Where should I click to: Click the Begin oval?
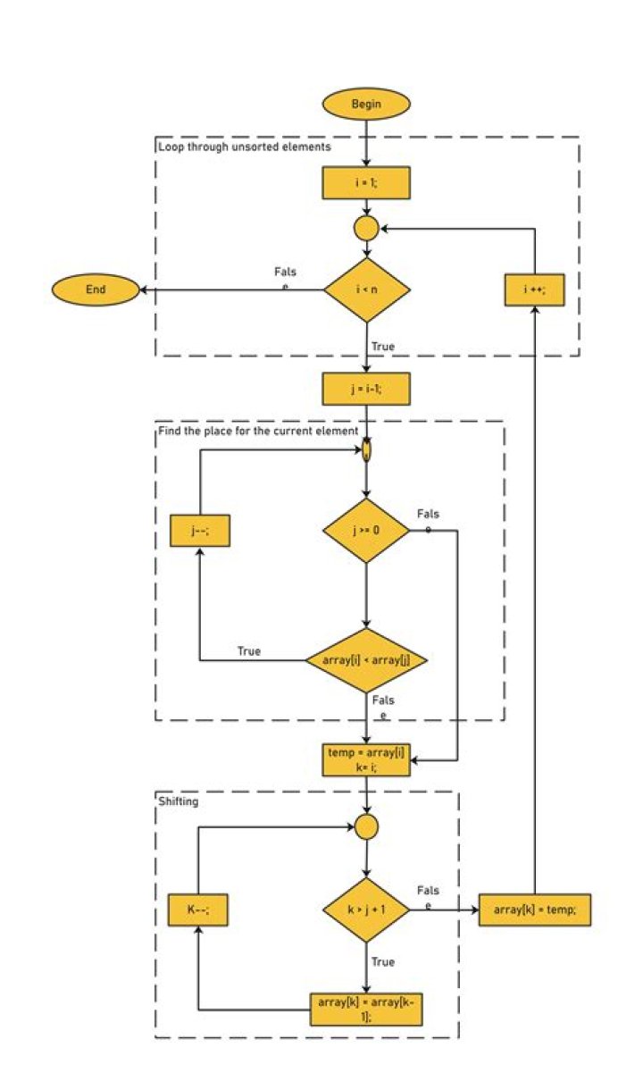(366, 105)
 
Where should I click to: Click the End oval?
(95, 289)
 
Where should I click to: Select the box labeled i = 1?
(366, 182)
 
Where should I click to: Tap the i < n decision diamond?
(366, 289)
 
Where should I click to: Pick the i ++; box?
(533, 289)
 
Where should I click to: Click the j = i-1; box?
(366, 390)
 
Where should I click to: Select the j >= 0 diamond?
(366, 531)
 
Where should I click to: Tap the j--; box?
(201, 531)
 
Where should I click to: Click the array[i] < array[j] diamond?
(366, 660)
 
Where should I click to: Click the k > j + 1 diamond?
(366, 910)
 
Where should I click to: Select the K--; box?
(201, 910)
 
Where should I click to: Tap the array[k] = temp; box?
(535, 910)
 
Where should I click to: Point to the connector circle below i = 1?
(366, 229)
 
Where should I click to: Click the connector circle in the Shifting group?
(366, 826)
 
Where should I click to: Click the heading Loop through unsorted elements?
(244, 147)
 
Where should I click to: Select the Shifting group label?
(178, 801)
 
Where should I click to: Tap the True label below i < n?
(382, 346)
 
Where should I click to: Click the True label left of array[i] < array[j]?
(249, 651)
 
